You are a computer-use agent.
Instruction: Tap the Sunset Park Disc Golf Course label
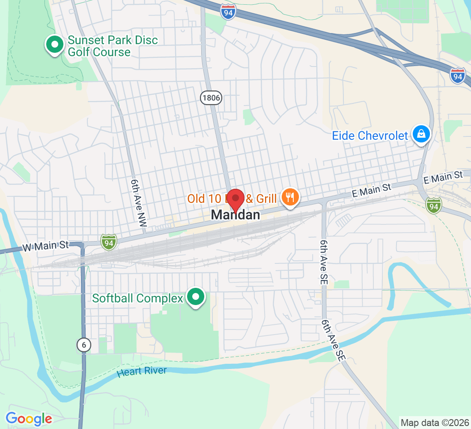coord(113,46)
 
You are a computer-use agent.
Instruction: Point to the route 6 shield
coord(84,344)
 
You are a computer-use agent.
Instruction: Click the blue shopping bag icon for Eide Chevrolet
coord(421,134)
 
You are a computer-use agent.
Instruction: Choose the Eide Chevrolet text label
coord(370,136)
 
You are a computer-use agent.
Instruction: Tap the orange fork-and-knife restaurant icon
coord(290,198)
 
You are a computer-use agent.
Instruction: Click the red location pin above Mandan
coord(235,200)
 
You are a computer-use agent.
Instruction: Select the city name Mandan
coord(235,215)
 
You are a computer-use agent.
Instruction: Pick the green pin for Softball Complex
coord(196,296)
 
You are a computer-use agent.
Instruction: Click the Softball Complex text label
coord(137,298)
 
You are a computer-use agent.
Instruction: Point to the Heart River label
coord(142,372)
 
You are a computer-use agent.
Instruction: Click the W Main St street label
coord(45,246)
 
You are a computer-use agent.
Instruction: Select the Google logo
coord(29,418)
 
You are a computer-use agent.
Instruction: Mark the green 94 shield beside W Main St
coord(109,242)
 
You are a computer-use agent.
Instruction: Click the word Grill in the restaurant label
coord(266,199)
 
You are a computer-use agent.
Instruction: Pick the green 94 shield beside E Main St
coord(434,205)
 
